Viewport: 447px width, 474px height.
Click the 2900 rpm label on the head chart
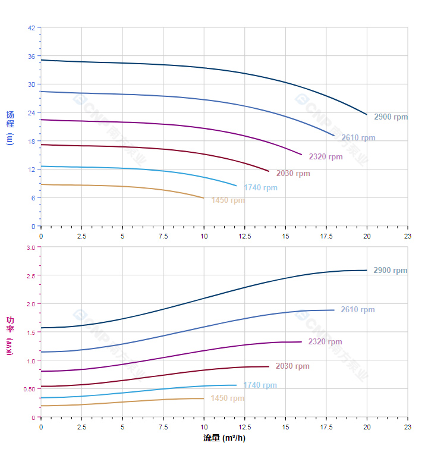pyautogui.click(x=391, y=117)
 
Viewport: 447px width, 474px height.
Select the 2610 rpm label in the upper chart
pyautogui.click(x=358, y=138)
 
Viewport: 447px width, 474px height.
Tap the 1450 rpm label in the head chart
pyautogui.click(x=228, y=200)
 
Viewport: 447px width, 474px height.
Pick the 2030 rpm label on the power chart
pyautogui.click(x=292, y=366)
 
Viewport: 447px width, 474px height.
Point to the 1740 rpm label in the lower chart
pyautogui.click(x=260, y=385)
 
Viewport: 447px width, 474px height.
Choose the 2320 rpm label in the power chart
pyautogui.click(x=325, y=342)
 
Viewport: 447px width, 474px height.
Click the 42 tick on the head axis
pyautogui.click(x=32, y=27)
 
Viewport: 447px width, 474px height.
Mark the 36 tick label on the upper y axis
pyautogui.click(x=32, y=56)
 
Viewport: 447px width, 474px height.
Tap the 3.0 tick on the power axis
pyautogui.click(x=31, y=247)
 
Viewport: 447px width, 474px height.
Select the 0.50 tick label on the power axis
pyautogui.click(x=30, y=389)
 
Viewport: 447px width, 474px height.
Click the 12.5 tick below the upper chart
pyautogui.click(x=245, y=236)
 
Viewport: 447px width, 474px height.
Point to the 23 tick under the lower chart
pyautogui.click(x=407, y=427)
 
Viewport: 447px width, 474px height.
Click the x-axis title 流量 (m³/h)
pyautogui.click(x=224, y=438)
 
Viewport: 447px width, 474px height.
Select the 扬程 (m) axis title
pyautogui.click(x=10, y=128)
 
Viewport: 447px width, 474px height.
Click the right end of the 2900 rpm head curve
pyautogui.click(x=367, y=114)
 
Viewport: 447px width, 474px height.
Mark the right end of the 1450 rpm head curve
pyautogui.click(x=204, y=198)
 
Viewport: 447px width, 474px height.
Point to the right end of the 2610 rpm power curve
pyautogui.click(x=334, y=310)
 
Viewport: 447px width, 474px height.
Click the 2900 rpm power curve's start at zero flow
pyautogui.click(x=41, y=328)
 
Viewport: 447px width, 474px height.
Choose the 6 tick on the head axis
pyautogui.click(x=33, y=197)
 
